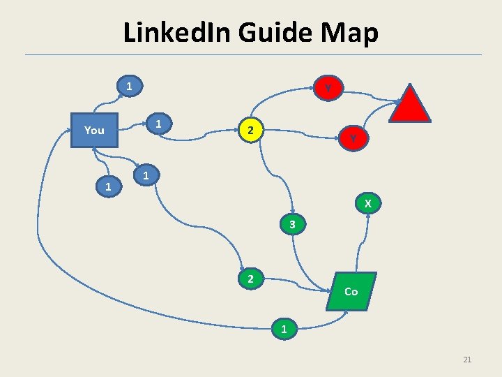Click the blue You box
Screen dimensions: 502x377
(x=94, y=130)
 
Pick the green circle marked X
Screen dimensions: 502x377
(x=367, y=204)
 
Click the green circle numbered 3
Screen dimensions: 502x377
(x=293, y=225)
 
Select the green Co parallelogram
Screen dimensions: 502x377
(x=351, y=291)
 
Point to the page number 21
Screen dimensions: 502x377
(x=467, y=360)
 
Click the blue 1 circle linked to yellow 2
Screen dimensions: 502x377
(x=159, y=124)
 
